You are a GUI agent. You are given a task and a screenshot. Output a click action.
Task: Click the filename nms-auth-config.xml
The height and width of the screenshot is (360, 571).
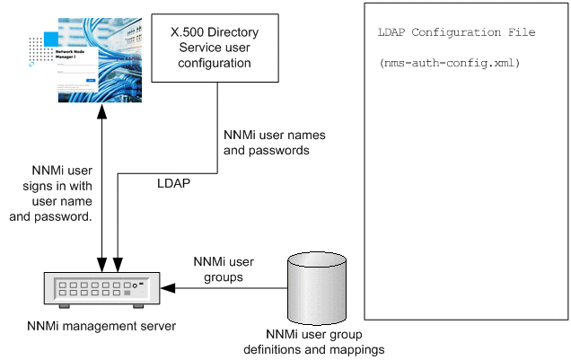tap(450, 65)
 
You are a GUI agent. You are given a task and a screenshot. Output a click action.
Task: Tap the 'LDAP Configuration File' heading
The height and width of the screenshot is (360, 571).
tap(458, 32)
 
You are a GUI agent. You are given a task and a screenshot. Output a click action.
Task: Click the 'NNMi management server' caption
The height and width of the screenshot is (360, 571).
tap(100, 325)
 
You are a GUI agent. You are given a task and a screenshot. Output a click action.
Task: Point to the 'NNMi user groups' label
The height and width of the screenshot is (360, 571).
tap(224, 269)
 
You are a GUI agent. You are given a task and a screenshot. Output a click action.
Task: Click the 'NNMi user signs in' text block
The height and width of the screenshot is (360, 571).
tap(60, 192)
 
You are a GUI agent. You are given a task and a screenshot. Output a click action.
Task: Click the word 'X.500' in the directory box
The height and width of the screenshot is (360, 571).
tap(187, 31)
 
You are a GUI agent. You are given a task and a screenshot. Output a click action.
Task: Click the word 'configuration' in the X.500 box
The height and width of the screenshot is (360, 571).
tap(212, 64)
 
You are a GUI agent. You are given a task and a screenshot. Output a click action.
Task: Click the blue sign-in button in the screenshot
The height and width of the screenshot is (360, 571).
tap(90, 80)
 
